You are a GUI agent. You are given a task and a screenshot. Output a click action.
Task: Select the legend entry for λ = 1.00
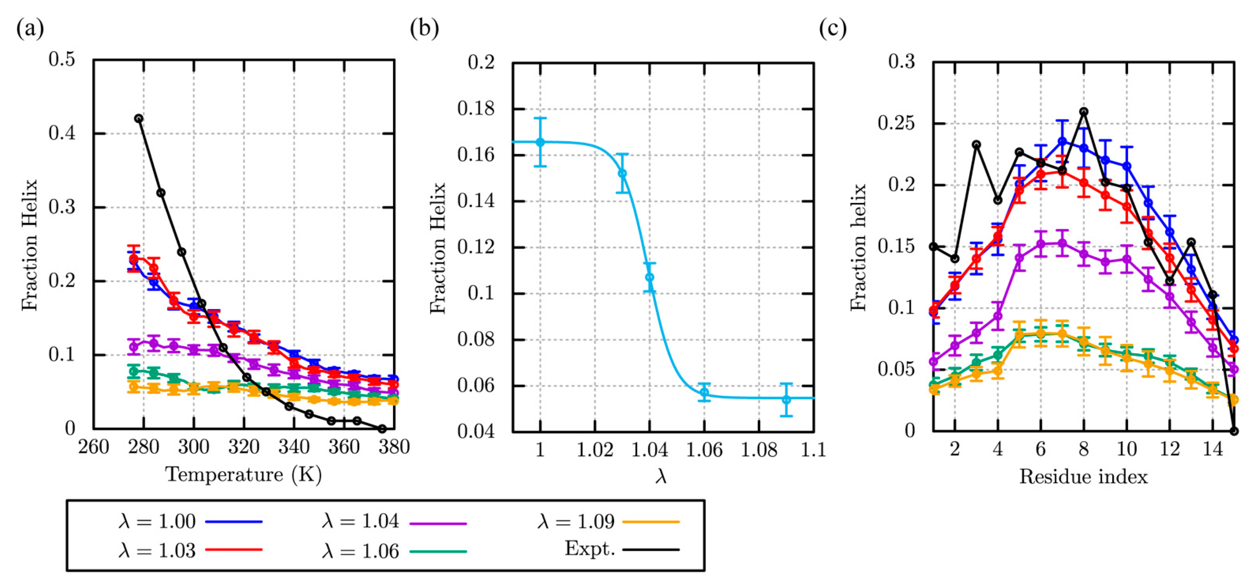[x=190, y=522]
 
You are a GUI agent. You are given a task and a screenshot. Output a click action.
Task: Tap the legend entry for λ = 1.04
[x=394, y=522]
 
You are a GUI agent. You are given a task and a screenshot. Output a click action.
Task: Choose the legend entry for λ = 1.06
[x=394, y=551]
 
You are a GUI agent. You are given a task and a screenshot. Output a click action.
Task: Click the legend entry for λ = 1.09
[x=607, y=522]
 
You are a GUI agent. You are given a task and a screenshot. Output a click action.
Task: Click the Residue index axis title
[x=1083, y=477]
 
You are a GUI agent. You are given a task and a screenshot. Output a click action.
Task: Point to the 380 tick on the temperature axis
[x=394, y=446]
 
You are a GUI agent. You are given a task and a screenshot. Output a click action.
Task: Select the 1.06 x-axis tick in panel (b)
[x=704, y=450]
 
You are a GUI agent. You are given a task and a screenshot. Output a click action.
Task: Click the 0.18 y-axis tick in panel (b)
[x=475, y=108]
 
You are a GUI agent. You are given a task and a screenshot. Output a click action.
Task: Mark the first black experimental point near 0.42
[x=139, y=118]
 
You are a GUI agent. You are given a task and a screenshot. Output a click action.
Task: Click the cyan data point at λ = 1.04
[x=649, y=277]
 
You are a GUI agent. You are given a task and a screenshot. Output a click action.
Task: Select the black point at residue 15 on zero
[x=1233, y=431]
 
